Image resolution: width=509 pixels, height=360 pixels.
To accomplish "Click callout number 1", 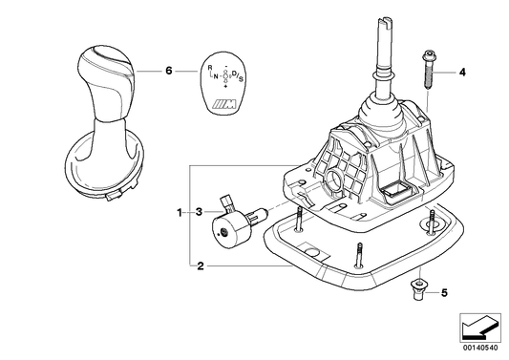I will tap(179, 211).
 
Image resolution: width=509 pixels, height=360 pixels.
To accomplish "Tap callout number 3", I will tap(198, 211).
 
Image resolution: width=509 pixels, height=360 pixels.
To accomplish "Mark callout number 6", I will tap(170, 72).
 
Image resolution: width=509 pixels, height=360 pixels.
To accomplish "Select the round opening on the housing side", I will tap(334, 180).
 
